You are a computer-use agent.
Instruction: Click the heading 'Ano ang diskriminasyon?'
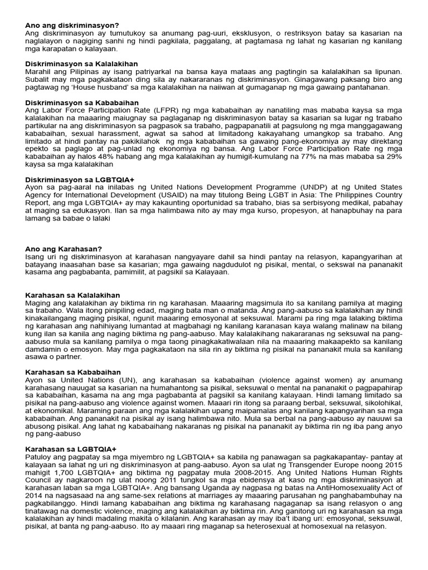72,26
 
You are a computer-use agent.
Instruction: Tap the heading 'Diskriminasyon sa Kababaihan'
82,103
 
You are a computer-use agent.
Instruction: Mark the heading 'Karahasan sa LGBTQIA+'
70,449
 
